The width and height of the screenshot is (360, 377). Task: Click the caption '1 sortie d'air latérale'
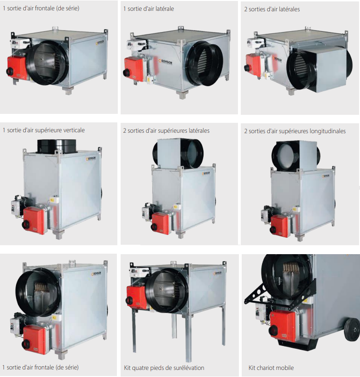[148, 9]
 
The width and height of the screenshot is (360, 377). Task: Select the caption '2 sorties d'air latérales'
[272, 9]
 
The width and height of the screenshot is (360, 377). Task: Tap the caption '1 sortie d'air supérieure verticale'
[43, 130]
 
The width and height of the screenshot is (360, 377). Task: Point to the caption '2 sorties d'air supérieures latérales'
[166, 131]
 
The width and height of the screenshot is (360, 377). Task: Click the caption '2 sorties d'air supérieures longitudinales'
[295, 131]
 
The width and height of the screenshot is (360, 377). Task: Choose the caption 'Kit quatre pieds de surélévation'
[164, 368]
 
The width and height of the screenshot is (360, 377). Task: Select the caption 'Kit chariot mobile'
[271, 368]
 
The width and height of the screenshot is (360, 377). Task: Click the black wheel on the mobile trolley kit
[352, 328]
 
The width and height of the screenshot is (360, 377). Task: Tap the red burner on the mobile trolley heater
[282, 326]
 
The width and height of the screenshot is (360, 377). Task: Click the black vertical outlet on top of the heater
[57, 146]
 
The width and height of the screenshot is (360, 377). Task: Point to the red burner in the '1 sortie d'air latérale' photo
[133, 69]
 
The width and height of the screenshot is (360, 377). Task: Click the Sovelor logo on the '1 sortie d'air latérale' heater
[165, 61]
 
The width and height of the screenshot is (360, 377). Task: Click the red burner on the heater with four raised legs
[136, 297]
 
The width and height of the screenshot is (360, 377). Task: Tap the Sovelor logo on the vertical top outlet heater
[91, 159]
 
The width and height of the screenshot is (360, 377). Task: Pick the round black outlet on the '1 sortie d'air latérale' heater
[205, 63]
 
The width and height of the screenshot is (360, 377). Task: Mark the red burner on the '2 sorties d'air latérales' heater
[253, 65]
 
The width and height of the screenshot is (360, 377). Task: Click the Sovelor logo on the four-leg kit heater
[217, 273]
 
